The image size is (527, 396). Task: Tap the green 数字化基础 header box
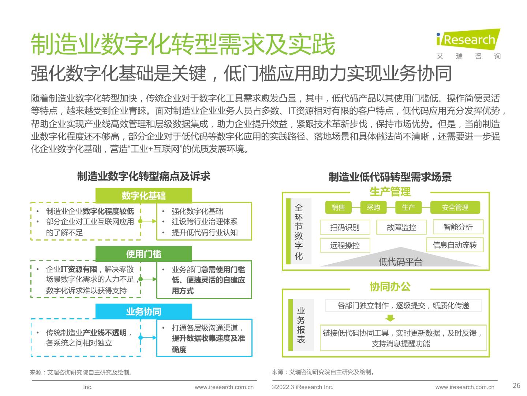click(143, 195)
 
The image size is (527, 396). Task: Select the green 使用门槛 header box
click(143, 254)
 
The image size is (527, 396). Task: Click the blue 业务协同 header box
click(143, 311)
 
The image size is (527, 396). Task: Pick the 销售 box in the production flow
click(338, 208)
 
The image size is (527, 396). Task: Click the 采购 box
click(373, 208)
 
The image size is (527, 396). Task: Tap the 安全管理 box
click(455, 208)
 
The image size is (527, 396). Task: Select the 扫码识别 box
click(345, 227)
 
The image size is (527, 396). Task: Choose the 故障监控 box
click(401, 227)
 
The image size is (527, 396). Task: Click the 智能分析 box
click(458, 227)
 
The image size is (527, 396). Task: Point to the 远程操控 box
click(345, 245)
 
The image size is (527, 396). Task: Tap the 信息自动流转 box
click(455, 245)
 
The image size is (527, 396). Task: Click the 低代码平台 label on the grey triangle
click(400, 261)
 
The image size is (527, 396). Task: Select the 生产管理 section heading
click(390, 192)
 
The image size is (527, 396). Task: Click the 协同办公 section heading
click(390, 286)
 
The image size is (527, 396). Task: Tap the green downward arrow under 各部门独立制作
click(390, 318)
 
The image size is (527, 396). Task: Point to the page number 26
click(516, 385)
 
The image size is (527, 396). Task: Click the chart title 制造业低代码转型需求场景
click(390, 177)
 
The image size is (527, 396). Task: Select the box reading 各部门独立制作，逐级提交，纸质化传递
click(403, 305)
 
